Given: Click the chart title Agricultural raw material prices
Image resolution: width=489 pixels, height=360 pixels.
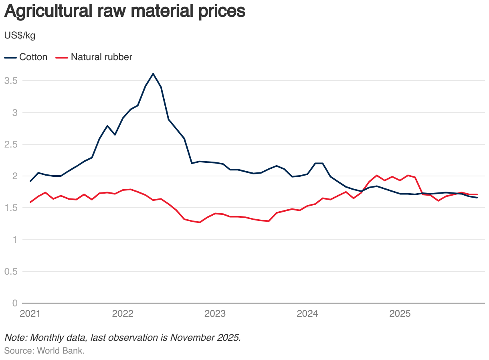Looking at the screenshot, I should pyautogui.click(x=124, y=12).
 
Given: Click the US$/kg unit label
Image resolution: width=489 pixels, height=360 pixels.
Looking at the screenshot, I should pyautogui.click(x=20, y=36).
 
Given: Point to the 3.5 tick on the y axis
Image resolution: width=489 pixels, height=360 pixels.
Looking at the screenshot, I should pyautogui.click(x=10, y=81).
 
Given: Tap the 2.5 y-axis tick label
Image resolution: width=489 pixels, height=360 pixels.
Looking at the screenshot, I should pyautogui.click(x=10, y=144).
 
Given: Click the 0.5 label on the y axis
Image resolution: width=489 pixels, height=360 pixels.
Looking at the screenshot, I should pyautogui.click(x=10, y=271).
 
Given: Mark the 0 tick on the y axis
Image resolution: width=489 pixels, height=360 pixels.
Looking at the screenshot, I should pyautogui.click(x=14, y=303).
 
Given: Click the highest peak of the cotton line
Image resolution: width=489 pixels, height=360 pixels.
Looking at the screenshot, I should pyautogui.click(x=153, y=74).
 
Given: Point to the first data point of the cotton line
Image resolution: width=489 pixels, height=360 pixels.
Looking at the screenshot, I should pyautogui.click(x=30, y=181).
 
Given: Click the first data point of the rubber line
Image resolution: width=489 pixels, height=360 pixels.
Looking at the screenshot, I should pyautogui.click(x=30, y=202).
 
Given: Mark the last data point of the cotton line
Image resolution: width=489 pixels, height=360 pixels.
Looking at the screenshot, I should pyautogui.click(x=477, y=198).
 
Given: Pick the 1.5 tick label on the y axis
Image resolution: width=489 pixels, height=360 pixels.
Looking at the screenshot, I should pyautogui.click(x=10, y=208).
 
